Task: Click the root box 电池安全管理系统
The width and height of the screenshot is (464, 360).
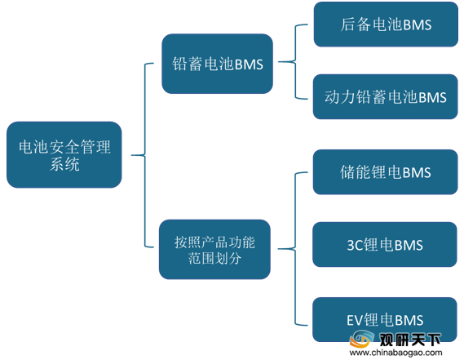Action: click(64, 154)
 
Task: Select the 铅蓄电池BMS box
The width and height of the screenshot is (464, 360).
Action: click(217, 64)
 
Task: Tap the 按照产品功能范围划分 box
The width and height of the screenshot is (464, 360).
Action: click(214, 249)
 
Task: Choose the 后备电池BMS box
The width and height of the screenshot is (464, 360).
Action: click(386, 24)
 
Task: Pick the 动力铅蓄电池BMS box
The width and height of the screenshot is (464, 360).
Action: click(385, 96)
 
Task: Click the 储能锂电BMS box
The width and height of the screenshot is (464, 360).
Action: click(385, 172)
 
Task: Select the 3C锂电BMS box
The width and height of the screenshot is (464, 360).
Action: click(385, 244)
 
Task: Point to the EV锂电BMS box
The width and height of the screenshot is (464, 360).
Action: click(385, 319)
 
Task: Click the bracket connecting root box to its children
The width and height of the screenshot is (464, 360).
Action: click(145, 155)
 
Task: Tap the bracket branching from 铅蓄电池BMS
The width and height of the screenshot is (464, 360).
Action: click(295, 62)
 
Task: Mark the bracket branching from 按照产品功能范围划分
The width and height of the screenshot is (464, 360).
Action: click(295, 249)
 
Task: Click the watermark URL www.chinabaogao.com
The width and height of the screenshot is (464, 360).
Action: click(396, 353)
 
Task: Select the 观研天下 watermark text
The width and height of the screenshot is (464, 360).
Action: click(410, 340)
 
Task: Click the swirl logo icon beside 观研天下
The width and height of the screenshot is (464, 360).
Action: click(362, 339)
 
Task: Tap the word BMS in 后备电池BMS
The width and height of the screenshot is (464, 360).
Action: click(418, 24)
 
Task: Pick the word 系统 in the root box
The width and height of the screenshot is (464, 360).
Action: click(64, 164)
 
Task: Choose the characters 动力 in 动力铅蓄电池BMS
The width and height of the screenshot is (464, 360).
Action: click(340, 97)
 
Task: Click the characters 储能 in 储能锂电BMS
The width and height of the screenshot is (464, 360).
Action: click(355, 172)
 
